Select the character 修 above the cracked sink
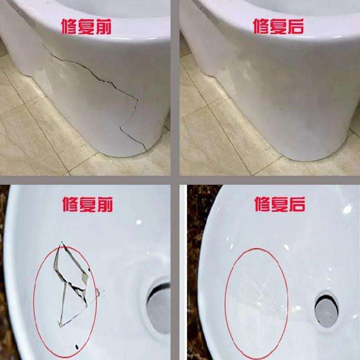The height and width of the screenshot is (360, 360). point(71,205)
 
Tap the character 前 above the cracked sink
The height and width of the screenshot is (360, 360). point(104,205)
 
